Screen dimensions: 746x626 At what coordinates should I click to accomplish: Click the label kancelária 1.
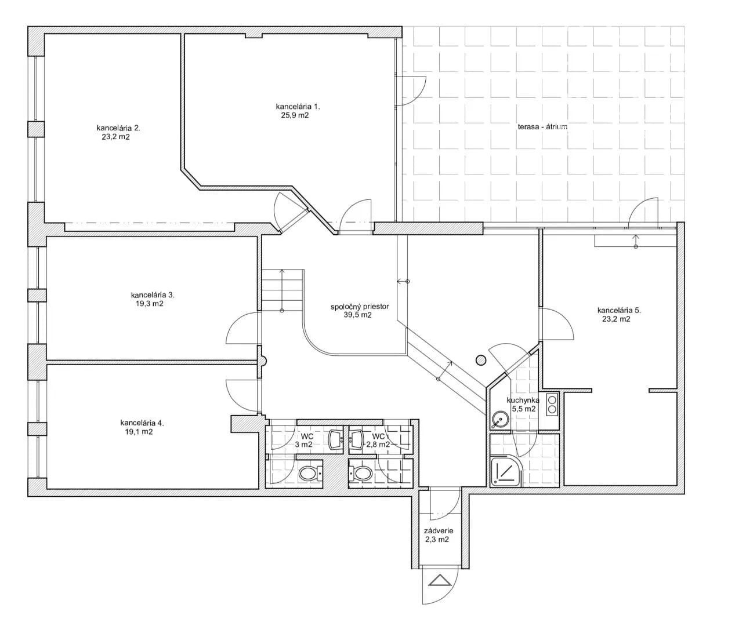click(298, 107)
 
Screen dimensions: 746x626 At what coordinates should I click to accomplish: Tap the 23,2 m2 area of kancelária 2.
click(116, 137)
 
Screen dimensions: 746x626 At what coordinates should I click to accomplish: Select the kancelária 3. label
click(153, 295)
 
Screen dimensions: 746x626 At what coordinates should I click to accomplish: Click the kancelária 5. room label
click(619, 310)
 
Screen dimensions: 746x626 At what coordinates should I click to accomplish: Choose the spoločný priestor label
click(360, 307)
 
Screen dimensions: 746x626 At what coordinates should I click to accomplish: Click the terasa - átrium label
click(542, 126)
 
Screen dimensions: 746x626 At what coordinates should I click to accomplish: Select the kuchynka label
click(523, 401)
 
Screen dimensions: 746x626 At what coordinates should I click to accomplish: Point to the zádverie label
click(439, 531)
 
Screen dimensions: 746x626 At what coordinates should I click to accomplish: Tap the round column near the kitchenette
click(480, 361)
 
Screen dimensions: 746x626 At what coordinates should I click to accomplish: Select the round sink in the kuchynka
click(501, 419)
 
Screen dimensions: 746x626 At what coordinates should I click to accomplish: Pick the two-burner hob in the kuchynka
click(552, 404)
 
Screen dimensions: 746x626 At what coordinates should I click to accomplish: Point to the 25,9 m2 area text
click(295, 115)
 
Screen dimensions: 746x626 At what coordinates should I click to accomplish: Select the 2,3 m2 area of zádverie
click(437, 540)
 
